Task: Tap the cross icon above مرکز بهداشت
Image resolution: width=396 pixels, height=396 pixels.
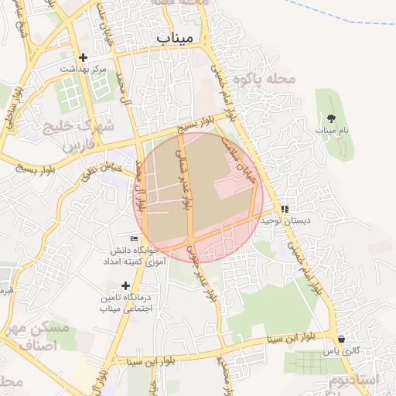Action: tap(84, 57)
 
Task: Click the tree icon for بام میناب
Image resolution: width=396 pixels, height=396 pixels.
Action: tap(332, 118)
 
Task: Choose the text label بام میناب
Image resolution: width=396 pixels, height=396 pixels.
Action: tap(332, 131)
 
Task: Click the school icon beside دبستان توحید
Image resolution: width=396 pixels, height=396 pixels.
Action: tap(285, 209)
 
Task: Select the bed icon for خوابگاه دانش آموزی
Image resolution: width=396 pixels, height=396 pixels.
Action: tap(135, 238)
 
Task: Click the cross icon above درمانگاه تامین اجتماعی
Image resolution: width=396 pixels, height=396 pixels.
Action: tap(125, 285)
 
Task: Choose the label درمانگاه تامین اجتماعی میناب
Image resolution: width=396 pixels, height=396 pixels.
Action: tap(125, 303)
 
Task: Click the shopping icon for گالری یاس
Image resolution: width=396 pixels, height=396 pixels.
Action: tap(341, 339)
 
